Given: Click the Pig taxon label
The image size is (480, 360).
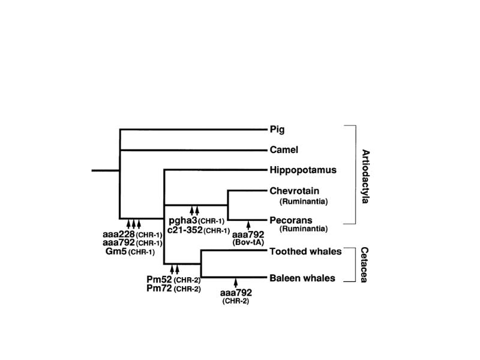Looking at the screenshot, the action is coord(277,130).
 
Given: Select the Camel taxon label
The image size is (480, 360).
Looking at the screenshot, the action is coord(284,149).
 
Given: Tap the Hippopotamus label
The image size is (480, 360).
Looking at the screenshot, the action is coord(303,170).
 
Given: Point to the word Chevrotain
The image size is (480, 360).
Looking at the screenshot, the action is coord(295,191).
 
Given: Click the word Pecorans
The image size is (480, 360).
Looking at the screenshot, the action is coord(291,220).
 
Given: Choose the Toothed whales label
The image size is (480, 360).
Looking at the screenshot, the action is coord(305,251).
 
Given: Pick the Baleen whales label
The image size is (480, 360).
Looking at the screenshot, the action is coord(302,278).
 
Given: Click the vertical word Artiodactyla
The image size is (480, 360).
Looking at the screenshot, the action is coord(365,176).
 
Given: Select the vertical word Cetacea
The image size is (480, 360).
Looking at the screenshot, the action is coord(364,265).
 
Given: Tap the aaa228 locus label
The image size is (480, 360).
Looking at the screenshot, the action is coord(119,235).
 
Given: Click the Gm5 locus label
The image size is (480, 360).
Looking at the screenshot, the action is coord(116,251).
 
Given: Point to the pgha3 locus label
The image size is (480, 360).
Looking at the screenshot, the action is coord(183,221).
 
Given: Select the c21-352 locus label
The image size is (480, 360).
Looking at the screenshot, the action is coord(185,230).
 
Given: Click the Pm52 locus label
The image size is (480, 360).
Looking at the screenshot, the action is coord(159,279).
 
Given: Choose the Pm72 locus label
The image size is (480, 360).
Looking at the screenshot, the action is coord(159,288).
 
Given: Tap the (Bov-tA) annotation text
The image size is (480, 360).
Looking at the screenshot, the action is coord(248,242).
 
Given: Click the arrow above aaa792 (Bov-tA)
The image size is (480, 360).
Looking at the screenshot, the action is coord(248,226).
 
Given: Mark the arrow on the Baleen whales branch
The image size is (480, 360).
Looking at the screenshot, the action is coord(236,283).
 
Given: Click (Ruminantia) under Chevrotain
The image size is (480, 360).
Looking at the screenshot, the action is coord(304,202).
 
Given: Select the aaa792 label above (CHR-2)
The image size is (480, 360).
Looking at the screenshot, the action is coord(236,293).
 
